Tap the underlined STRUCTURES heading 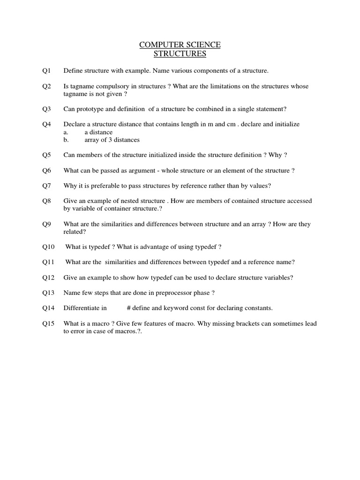[x=180, y=54]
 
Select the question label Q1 [x=46, y=71]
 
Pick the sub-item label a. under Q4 [x=66, y=132]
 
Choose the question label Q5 [x=46, y=155]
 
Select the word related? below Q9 [x=75, y=232]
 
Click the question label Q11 [x=48, y=262]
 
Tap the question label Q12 [x=48, y=277]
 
